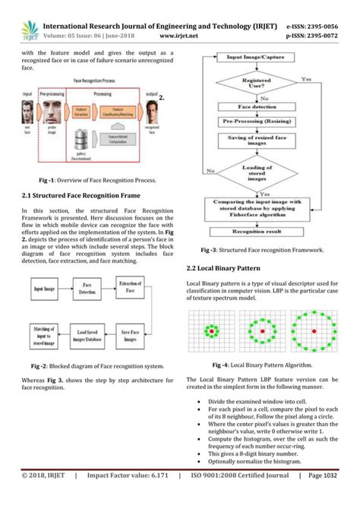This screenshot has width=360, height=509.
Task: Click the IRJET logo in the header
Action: [24, 15]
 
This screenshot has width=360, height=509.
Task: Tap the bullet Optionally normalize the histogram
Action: [254, 460]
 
